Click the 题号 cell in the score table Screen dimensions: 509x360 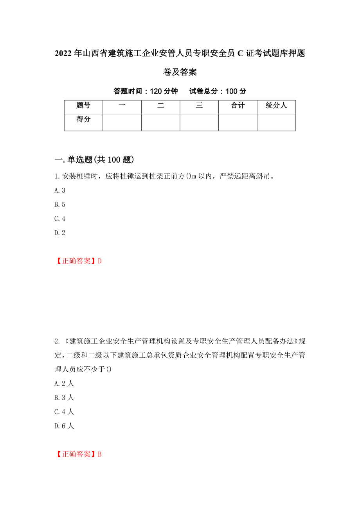click(x=83, y=106)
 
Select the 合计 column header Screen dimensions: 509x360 click(x=238, y=106)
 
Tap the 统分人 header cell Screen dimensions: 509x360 click(x=276, y=106)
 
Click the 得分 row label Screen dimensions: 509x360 click(x=83, y=120)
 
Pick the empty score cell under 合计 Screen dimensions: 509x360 click(x=238, y=122)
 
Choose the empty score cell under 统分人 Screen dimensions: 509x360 click(x=276, y=122)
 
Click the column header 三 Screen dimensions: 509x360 click(x=199, y=106)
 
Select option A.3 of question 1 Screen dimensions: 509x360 click(x=60, y=191)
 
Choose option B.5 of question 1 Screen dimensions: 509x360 click(x=60, y=205)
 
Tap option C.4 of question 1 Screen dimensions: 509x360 click(x=60, y=219)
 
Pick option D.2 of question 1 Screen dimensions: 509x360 click(x=60, y=233)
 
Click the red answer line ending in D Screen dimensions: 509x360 click(x=78, y=261)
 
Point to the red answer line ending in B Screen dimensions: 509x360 click(x=78, y=454)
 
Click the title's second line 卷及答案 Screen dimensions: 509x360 click(x=180, y=72)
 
